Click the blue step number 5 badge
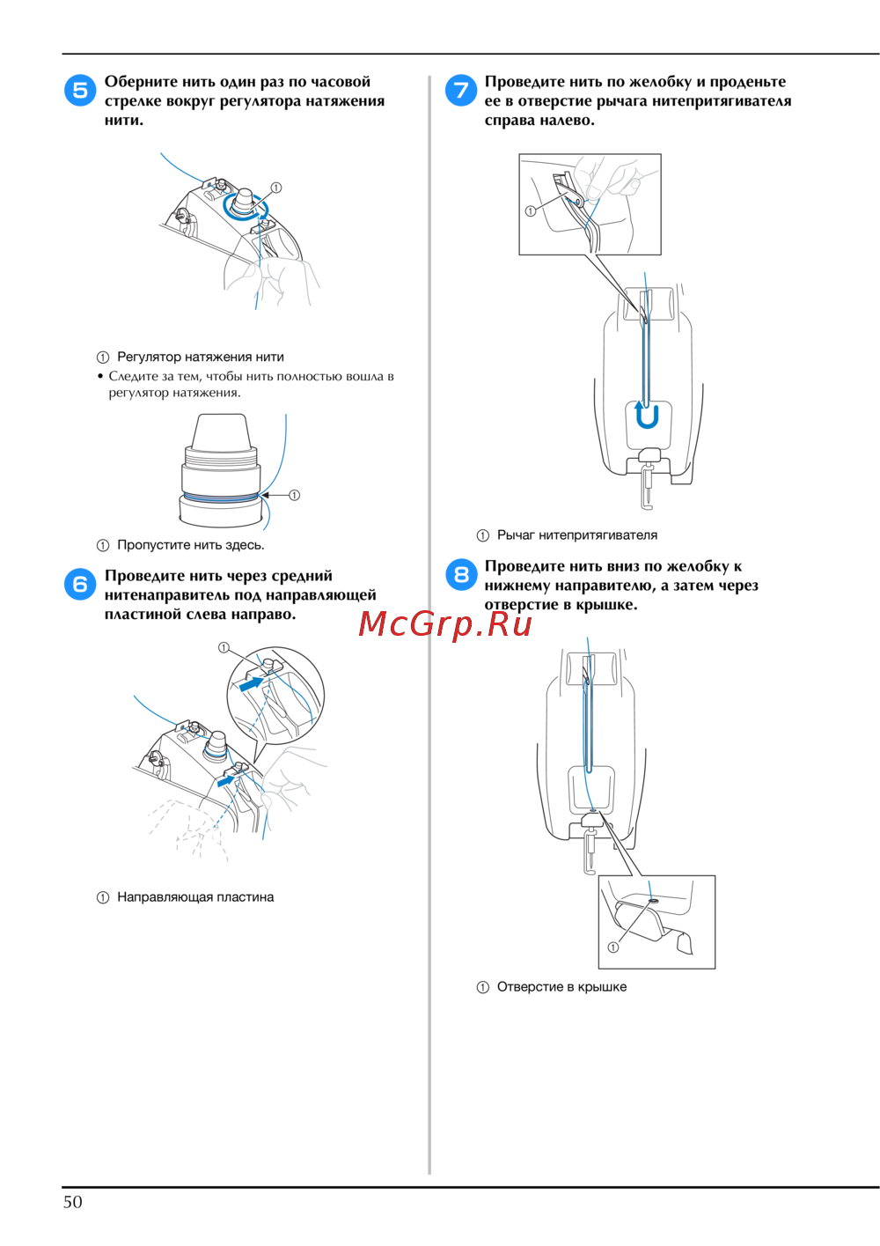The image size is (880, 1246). [x=80, y=90]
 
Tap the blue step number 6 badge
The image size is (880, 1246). [x=80, y=584]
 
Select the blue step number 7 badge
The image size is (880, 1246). [x=461, y=90]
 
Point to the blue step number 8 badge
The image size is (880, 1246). [x=461, y=574]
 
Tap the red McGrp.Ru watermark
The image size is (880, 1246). [x=444, y=623]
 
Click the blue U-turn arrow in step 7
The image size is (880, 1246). [x=647, y=415]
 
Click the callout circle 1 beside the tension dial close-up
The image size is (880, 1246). [x=294, y=495]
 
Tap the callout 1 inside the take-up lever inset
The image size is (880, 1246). [x=531, y=210]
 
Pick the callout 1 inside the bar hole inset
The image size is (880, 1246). [x=613, y=947]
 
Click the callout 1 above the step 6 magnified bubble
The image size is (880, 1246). [x=224, y=647]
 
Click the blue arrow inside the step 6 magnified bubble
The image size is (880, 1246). [x=251, y=683]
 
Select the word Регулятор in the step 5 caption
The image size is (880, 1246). [x=149, y=358]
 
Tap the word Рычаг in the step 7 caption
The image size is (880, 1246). [x=516, y=535]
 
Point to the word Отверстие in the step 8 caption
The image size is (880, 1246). [x=529, y=987]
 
